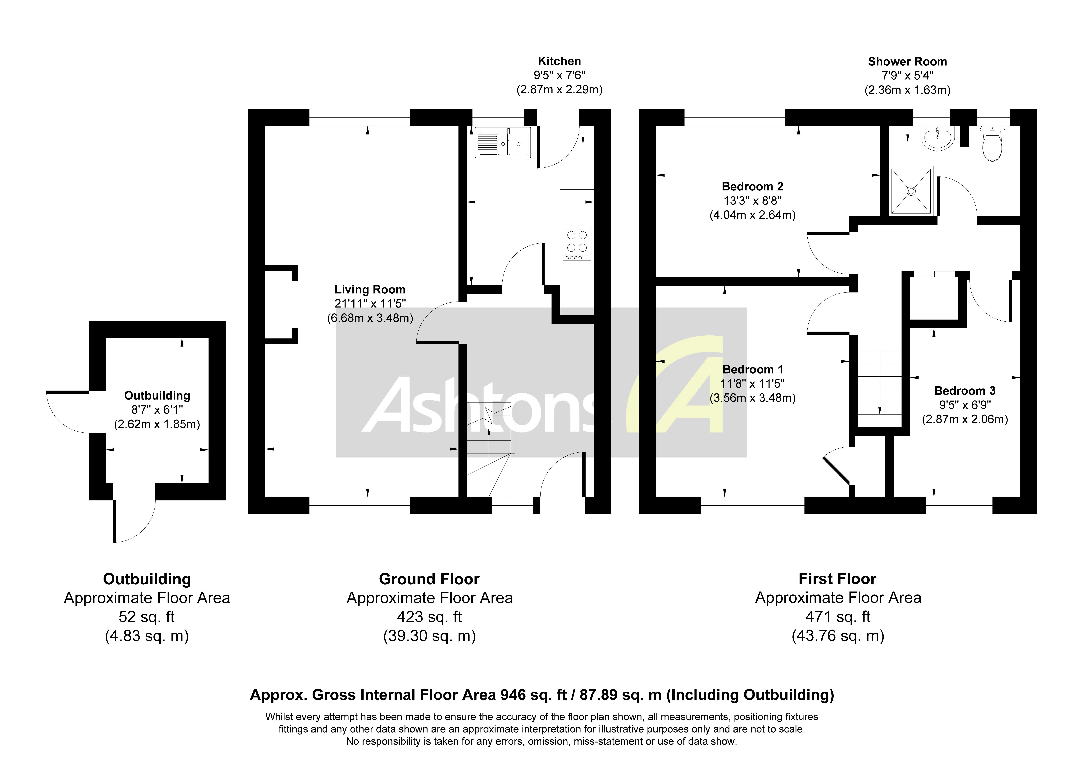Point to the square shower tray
point(911,191)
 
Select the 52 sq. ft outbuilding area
point(147,616)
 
